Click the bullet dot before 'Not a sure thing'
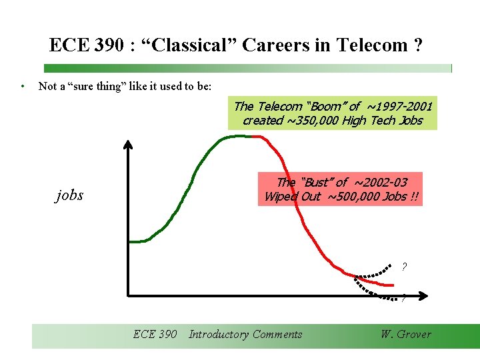pos(23,86)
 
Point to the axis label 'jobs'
pos(69,195)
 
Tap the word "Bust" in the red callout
pos(316,182)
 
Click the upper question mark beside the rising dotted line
pos(404,267)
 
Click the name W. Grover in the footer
pos(405,335)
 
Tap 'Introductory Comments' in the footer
pos(245,335)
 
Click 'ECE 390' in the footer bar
pos(155,335)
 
